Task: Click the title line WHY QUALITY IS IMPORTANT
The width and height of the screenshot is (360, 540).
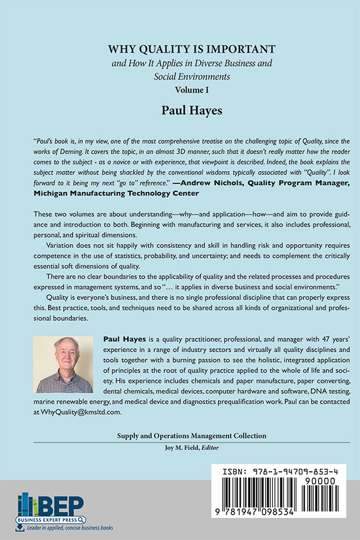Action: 180,49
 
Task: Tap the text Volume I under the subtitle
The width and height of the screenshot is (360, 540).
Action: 180,89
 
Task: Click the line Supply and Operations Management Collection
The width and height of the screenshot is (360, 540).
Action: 180,435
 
